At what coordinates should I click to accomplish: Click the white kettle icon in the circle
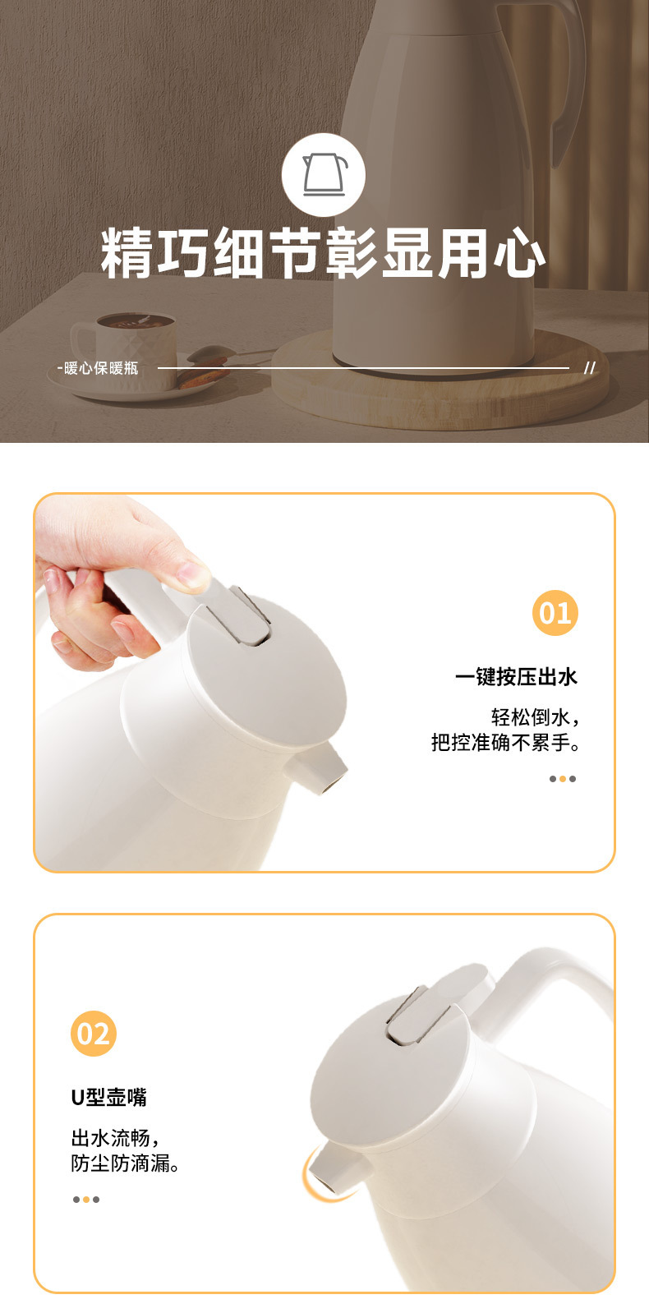point(324,174)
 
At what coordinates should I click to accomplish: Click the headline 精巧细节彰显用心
point(324,254)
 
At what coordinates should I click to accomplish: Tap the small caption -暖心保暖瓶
point(98,368)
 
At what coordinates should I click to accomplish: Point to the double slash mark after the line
point(588,368)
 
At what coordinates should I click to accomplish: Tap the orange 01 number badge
point(555,613)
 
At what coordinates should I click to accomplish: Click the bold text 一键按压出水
point(516,677)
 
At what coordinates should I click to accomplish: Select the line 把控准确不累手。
point(506,743)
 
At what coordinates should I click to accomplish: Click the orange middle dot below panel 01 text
point(563,779)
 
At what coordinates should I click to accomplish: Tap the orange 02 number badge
point(94,1034)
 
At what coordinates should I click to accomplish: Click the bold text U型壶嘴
point(108,1097)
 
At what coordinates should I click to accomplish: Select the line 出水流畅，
point(115,1138)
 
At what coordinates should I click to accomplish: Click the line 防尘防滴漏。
point(126,1163)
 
